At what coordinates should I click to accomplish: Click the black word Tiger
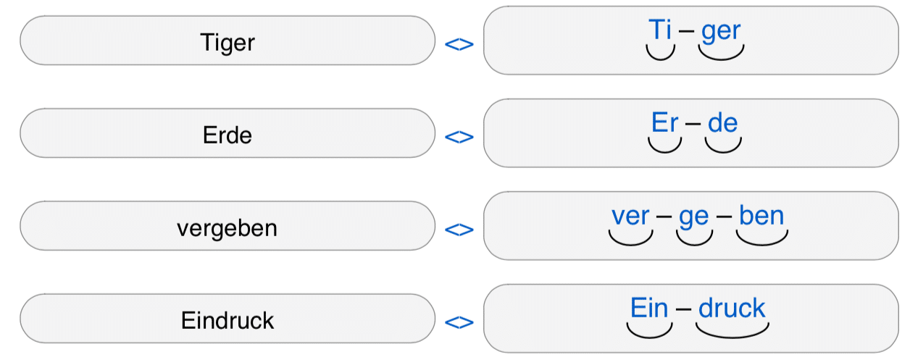(x=227, y=43)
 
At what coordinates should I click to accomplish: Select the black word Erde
(x=227, y=135)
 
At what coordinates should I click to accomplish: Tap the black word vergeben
(x=227, y=228)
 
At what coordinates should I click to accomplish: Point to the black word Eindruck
(x=227, y=320)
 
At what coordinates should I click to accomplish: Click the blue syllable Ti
(x=660, y=30)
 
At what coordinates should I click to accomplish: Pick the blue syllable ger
(x=721, y=32)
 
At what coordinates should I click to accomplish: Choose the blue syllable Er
(x=665, y=122)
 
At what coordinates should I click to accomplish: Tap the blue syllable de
(x=723, y=122)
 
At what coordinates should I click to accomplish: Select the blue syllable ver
(x=630, y=216)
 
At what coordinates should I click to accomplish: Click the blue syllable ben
(x=761, y=215)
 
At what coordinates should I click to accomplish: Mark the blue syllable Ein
(x=649, y=308)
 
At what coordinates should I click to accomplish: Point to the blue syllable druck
(x=732, y=308)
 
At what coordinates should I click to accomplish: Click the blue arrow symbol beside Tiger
(x=459, y=44)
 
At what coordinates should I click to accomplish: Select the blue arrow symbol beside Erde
(x=459, y=137)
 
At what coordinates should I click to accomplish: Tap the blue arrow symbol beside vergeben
(x=459, y=230)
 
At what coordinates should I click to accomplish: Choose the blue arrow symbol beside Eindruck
(x=459, y=322)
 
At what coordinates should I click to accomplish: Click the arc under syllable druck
(x=732, y=338)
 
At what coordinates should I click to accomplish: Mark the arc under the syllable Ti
(x=661, y=59)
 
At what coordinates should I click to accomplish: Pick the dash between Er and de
(x=693, y=124)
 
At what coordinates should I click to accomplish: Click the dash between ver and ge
(x=664, y=216)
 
